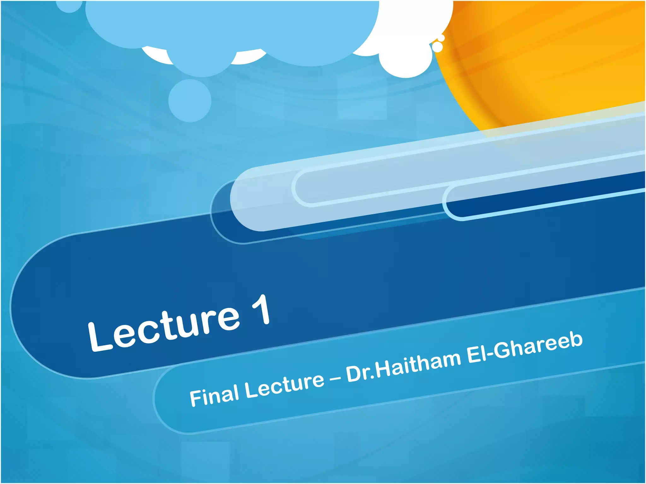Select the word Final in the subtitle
tap(214, 396)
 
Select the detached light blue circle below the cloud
tap(190, 101)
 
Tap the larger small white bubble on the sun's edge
tap(438, 47)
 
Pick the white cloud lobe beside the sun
tap(407, 54)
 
